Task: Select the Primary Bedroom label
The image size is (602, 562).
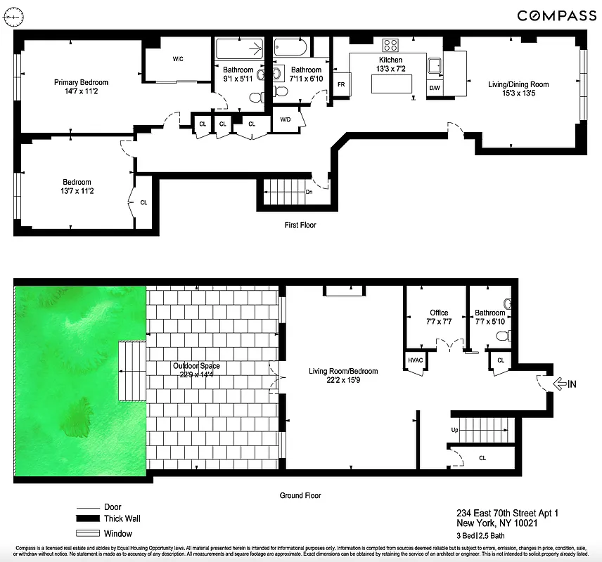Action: coord(81,82)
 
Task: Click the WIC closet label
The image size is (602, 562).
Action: coord(178,59)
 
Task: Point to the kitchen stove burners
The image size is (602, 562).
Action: coord(390,45)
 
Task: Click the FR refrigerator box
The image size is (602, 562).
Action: coord(341,84)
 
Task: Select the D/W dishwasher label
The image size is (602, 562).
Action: coord(435,88)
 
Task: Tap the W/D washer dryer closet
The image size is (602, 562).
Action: coord(286,119)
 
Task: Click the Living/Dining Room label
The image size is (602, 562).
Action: coord(518,84)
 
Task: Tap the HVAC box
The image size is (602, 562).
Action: coord(414,360)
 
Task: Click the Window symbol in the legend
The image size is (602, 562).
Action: coord(89,533)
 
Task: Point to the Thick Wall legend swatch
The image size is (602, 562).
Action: coord(89,519)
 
